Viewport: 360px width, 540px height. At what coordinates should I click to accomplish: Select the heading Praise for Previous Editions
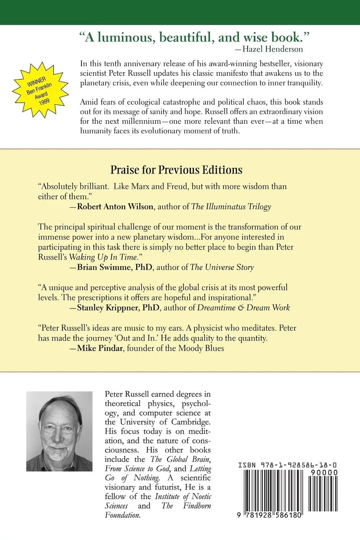point(176,170)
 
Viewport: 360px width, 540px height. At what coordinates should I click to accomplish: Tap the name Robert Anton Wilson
point(115,206)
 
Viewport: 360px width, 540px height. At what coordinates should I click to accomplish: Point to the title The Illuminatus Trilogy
point(231,206)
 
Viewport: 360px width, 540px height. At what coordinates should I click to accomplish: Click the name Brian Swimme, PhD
point(115,267)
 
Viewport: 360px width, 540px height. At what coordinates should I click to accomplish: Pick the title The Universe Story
point(222,267)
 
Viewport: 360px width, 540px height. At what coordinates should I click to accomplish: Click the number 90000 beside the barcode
point(324,472)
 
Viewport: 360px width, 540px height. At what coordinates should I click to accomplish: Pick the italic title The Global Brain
point(181,459)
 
